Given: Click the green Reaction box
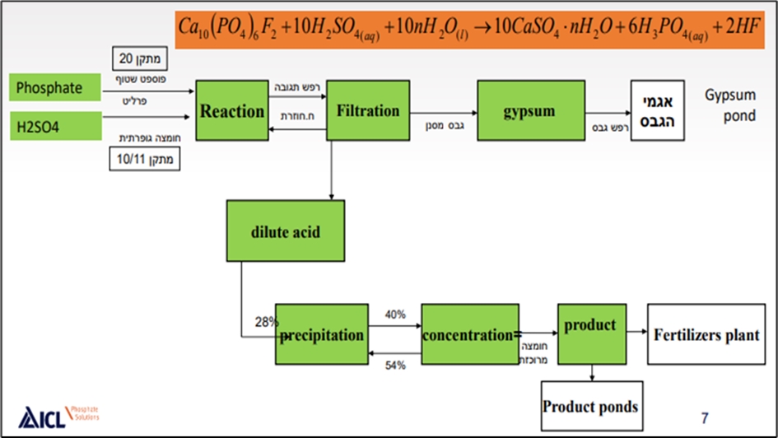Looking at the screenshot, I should [233, 110].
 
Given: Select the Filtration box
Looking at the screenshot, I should [368, 110].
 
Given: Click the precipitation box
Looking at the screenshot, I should [322, 334].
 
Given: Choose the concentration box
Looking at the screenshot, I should [468, 334].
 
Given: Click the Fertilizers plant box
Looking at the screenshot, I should [705, 334].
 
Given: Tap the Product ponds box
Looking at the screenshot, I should [590, 406].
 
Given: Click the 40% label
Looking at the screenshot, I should [395, 314].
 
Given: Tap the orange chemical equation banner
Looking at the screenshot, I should [473, 29].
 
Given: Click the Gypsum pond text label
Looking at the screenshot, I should [729, 105].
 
